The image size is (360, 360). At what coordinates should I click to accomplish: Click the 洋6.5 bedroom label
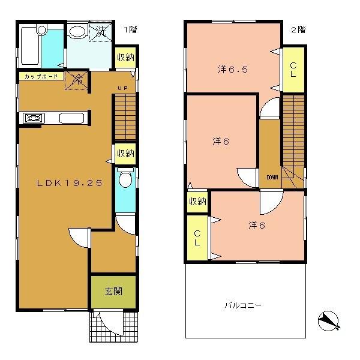pyautogui.click(x=233, y=70)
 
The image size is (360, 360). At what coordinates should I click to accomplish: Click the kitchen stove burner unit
pyautogui.click(x=33, y=118)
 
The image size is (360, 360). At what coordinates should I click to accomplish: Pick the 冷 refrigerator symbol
pyautogui.click(x=77, y=78)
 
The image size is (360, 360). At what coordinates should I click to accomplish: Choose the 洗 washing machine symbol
pyautogui.click(x=100, y=32)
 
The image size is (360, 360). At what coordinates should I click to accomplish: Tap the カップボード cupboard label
pyautogui.click(x=41, y=77)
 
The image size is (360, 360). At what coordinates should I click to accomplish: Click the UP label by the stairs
pyautogui.click(x=122, y=88)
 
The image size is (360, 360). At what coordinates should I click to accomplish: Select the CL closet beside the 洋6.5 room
pyautogui.click(x=293, y=70)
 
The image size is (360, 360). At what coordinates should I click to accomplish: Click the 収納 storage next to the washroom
pyautogui.click(x=125, y=58)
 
